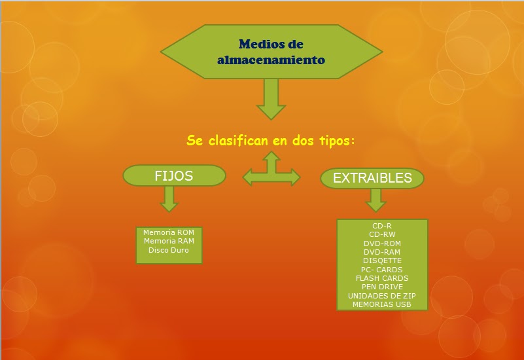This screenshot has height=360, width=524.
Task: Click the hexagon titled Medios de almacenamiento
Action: (271, 52)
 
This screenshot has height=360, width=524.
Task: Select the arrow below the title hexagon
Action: (271, 99)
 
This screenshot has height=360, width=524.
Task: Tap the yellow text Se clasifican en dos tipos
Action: (270, 140)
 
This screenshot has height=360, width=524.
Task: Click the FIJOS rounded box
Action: (174, 175)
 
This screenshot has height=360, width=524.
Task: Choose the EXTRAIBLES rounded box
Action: (372, 178)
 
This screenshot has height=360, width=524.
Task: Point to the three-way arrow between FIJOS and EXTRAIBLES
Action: (271, 174)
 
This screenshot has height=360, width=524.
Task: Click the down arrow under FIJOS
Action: (169, 198)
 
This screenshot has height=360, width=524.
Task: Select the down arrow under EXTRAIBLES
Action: (376, 200)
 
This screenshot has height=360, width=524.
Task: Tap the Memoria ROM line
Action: (169, 232)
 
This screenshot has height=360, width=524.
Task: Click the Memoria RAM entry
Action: (169, 241)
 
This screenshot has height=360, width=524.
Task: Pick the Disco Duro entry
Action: (169, 250)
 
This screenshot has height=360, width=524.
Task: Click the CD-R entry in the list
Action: (382, 226)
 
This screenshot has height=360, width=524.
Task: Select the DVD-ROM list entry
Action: (382, 243)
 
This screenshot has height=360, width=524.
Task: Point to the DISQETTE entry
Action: (382, 261)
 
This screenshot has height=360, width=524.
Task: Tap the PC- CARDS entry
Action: (382, 270)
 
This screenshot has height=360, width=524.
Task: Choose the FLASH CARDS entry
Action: (382, 278)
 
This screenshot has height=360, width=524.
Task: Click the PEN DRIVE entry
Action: (382, 287)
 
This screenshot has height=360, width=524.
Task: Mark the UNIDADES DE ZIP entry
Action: (382, 296)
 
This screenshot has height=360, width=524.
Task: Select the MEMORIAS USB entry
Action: (382, 304)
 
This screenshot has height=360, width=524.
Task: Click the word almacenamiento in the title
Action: (271, 60)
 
